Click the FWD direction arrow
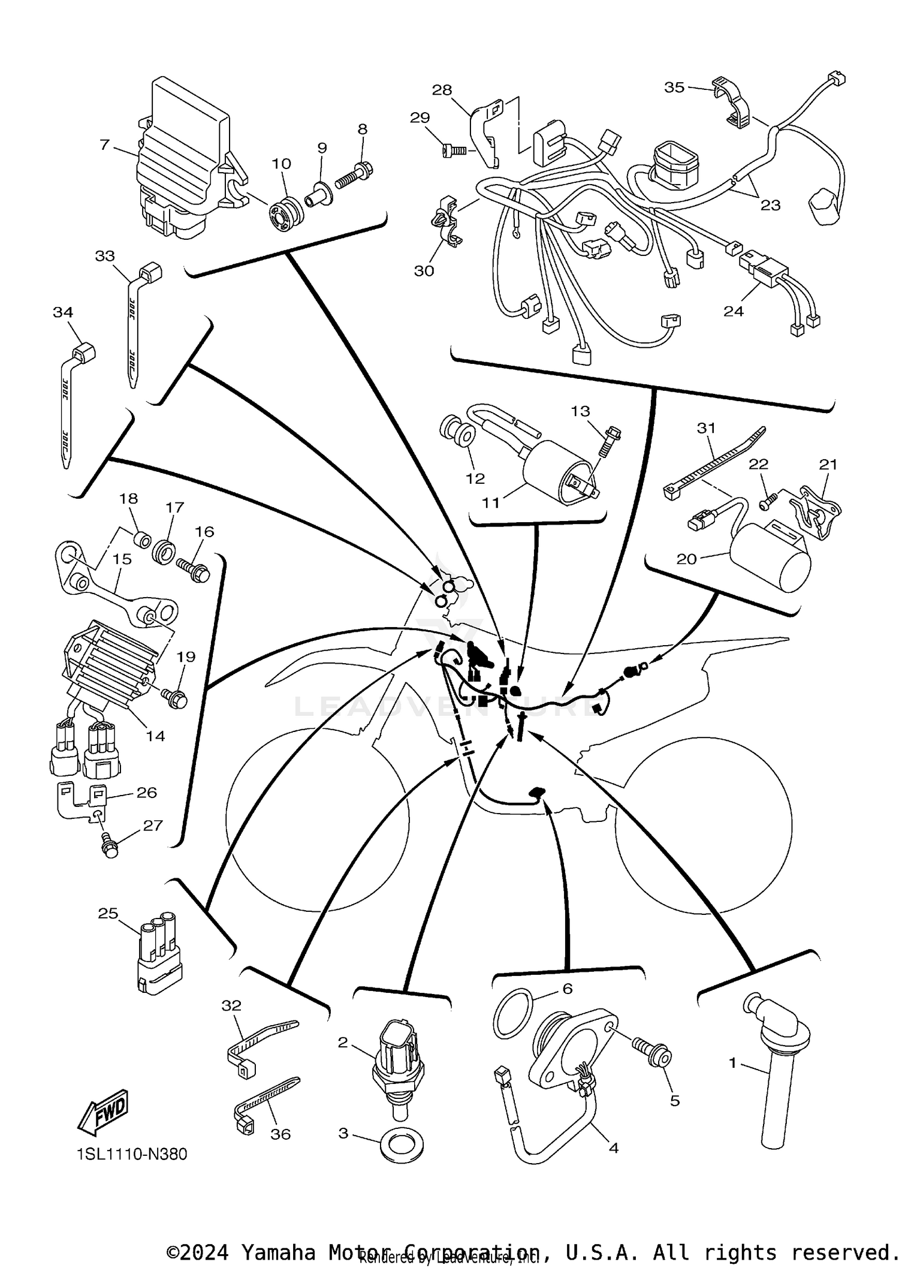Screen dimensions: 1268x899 pos(104,1112)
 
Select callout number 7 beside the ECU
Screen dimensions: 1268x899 pos(105,144)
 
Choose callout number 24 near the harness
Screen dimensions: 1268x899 pos(734,311)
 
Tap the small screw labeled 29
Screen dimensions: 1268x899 pos(454,148)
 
